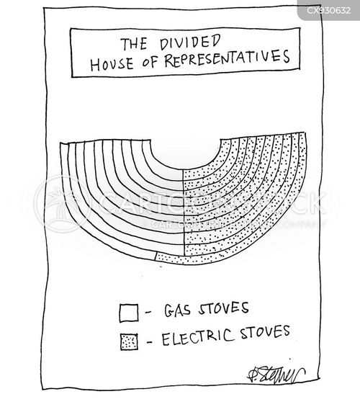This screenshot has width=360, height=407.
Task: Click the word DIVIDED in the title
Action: click(x=190, y=43)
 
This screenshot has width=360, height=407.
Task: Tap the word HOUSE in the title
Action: click(x=112, y=64)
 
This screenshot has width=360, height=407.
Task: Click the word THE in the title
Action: click(x=135, y=44)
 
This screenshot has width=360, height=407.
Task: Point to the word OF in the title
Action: click(x=150, y=62)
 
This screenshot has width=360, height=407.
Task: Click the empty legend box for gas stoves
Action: click(x=129, y=313)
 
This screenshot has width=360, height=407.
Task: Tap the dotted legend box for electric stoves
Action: click(x=129, y=342)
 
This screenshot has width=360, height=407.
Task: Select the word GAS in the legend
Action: click(x=177, y=310)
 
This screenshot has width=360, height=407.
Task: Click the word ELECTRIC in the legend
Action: click(x=197, y=337)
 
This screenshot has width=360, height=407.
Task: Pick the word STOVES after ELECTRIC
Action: click(x=265, y=332)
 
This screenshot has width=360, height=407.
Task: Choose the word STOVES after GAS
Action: click(x=223, y=308)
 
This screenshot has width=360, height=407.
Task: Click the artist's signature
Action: click(x=276, y=375)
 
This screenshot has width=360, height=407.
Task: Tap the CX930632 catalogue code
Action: click(x=328, y=10)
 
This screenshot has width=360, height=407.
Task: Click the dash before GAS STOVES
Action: click(x=148, y=312)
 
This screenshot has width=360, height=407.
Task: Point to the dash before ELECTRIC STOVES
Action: click(x=150, y=342)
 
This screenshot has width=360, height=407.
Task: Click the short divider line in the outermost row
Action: click(x=156, y=256)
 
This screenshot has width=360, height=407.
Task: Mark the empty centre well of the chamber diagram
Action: click(x=186, y=153)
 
